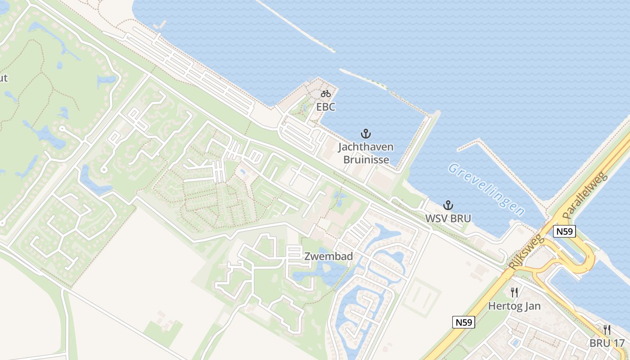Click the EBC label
pos(326,107)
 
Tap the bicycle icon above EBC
pos(326,94)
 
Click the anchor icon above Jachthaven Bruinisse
pos(366,134)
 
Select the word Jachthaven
pos(366,147)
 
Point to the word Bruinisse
pos(366,159)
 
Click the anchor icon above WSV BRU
pos(448,205)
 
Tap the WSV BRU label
pos(448,219)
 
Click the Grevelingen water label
pos(486,189)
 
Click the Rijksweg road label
pos(526,252)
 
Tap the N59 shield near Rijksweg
pos(565,231)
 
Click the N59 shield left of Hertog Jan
pos(463,322)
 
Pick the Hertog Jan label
pos(514,306)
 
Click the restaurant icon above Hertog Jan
pos(514,293)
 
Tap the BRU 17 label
pos(607,343)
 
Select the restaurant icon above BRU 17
pos(607,329)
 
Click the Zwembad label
pos(328,256)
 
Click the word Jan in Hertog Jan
pos(532,306)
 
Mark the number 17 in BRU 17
pos(618,343)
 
